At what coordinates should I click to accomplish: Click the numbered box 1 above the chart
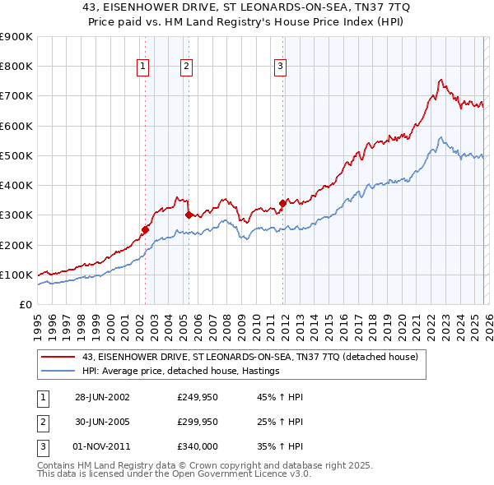coord(143,67)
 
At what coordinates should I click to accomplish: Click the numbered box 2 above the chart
coord(187,67)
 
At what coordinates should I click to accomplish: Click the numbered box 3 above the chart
coord(280,67)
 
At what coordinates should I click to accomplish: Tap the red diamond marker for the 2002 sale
coord(146,230)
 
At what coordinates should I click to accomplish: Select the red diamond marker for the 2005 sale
coord(189,215)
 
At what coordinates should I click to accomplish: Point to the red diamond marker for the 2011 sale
coord(282,203)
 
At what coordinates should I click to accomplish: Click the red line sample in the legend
coord(58,357)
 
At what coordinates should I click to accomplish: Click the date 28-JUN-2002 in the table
coord(102,397)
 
